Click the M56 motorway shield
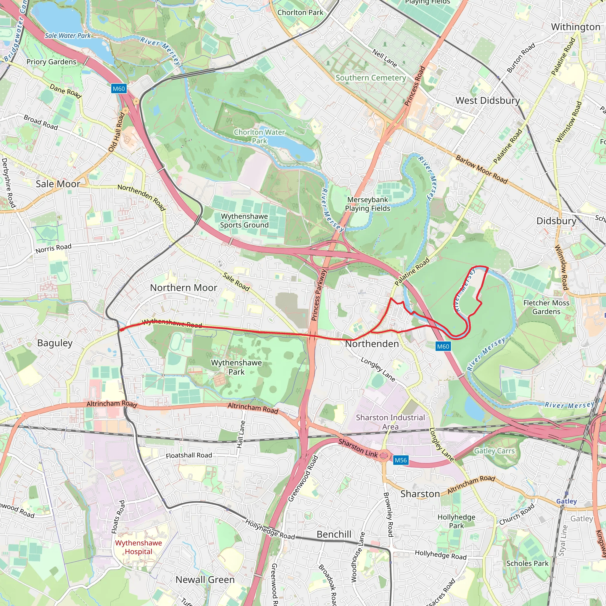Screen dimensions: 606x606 (x=401, y=460)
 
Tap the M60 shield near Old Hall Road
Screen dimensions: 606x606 (x=119, y=89)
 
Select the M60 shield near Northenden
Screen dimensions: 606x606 (x=443, y=346)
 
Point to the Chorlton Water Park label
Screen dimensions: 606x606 (x=260, y=136)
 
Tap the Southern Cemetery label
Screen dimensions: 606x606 (x=371, y=78)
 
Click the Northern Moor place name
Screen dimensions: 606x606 (x=183, y=288)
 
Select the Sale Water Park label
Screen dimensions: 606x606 (x=67, y=36)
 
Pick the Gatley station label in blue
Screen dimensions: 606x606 (x=566, y=501)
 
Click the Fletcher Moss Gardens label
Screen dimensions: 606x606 (x=546, y=307)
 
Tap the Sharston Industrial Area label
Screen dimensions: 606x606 (x=390, y=422)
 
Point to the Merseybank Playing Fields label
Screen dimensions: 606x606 (x=368, y=204)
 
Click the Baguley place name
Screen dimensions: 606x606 (x=55, y=343)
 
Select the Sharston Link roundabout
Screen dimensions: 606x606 (x=383, y=455)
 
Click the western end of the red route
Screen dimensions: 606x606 (x=121, y=330)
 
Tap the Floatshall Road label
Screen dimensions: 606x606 (x=189, y=455)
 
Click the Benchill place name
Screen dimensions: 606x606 (x=334, y=534)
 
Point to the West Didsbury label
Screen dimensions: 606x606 (x=488, y=101)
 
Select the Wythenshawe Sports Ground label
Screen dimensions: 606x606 (x=244, y=220)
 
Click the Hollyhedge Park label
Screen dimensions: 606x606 (x=456, y=521)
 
